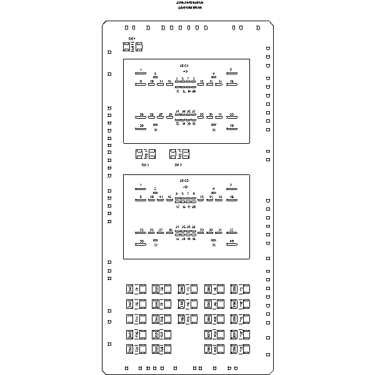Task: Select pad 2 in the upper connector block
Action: (231, 73)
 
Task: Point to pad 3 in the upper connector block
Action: (155, 77)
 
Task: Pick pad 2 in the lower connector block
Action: (231, 189)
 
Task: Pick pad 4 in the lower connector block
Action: (214, 192)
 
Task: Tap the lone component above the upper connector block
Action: (132, 47)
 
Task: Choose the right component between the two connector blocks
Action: (179, 154)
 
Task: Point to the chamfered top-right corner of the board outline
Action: (272, 24)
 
